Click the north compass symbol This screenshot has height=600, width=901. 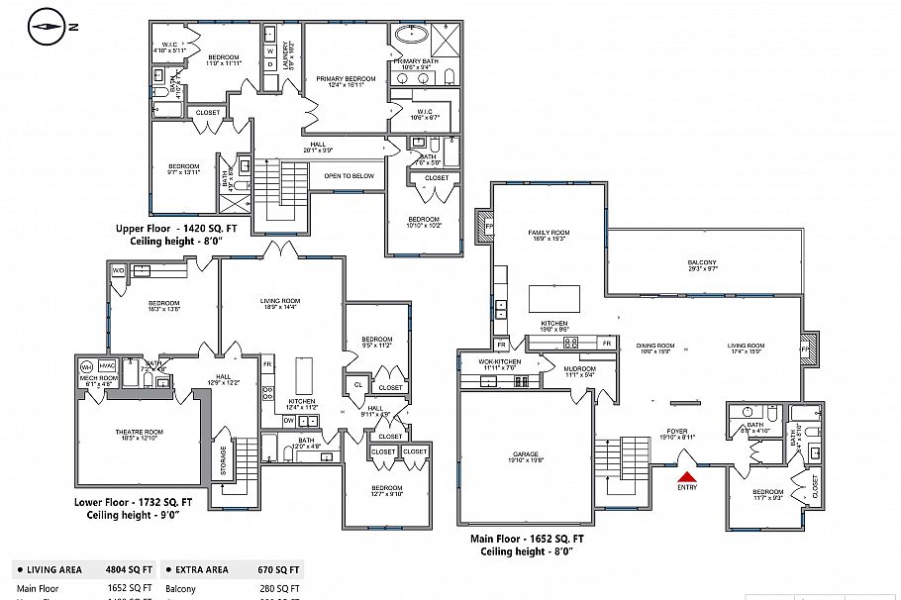47,27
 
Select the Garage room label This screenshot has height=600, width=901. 525,456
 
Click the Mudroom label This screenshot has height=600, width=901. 580,370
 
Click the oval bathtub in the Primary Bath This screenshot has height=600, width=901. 410,36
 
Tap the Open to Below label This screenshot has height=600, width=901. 349,176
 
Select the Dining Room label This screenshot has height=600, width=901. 654,347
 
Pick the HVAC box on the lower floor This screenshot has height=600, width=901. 107,366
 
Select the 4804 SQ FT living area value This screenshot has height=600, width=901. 130,570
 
